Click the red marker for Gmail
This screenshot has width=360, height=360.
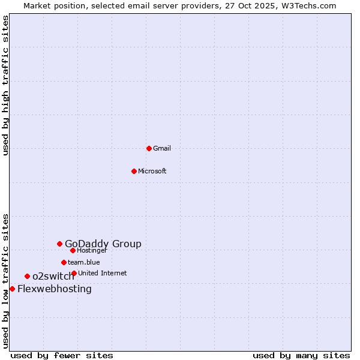149,148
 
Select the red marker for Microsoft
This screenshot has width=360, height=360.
134,171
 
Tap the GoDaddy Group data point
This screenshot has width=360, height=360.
59,244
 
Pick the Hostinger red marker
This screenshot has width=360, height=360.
73,250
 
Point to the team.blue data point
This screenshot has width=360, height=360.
64,262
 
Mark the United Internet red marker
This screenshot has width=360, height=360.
74,273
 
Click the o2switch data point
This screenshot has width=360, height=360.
27,276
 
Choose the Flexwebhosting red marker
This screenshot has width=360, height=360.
12,289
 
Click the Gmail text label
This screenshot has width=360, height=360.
162,148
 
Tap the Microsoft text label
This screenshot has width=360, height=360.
152,171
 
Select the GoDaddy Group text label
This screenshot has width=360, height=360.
103,244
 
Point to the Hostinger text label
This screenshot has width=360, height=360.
92,250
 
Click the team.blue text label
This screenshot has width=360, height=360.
84,262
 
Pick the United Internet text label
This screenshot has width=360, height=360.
103,273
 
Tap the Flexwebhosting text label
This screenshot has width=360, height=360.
55,289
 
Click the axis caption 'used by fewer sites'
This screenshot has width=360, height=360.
62,355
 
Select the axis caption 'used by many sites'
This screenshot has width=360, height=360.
301,355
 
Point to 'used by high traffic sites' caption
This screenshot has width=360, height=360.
6,85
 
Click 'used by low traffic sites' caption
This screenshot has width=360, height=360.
6,281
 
